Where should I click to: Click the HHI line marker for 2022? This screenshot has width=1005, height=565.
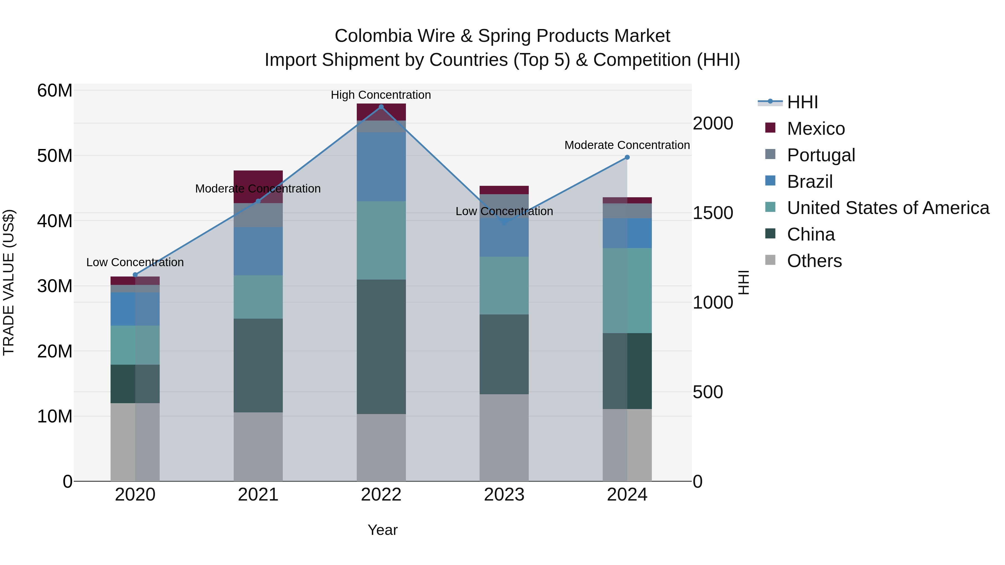381,107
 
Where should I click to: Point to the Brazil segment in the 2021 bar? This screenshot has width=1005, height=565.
258,251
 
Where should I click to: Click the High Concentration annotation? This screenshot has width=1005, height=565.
381,95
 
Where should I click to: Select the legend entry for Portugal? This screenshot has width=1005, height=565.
820,155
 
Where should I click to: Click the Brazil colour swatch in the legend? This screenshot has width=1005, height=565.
770,181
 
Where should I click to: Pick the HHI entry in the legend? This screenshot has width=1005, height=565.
802,102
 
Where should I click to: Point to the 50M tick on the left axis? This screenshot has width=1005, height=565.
55,156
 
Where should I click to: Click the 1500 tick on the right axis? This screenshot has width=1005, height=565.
713,213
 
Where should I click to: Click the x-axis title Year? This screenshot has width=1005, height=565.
382,530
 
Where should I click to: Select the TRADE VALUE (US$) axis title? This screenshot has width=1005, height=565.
9,282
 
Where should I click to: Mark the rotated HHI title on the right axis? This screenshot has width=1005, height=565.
744,282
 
